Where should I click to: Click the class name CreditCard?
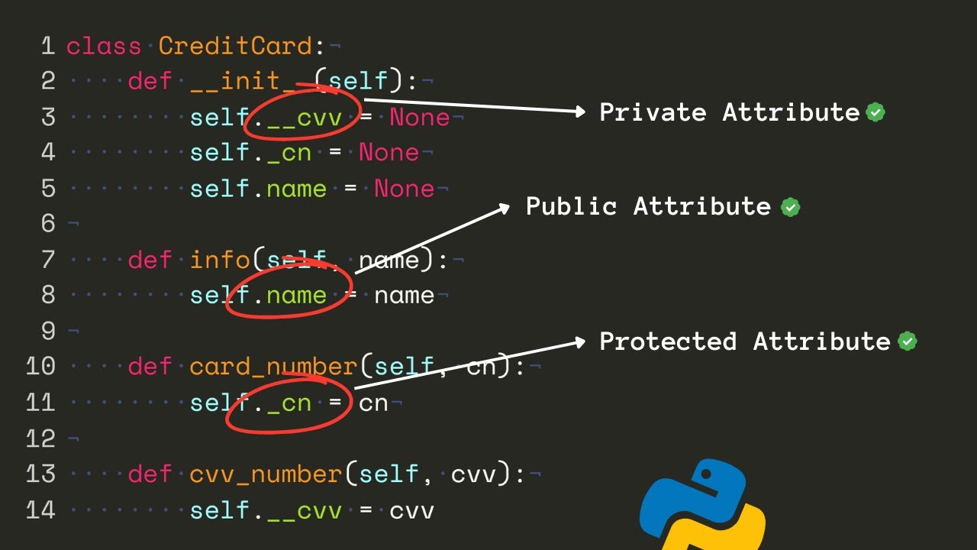click(235, 46)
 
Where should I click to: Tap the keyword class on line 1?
click(104, 46)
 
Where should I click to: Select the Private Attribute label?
click(730, 112)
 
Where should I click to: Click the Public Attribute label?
click(649, 206)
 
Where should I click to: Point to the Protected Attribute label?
click(745, 341)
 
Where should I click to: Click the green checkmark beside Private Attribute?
click(875, 113)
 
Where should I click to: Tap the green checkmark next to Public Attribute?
click(790, 207)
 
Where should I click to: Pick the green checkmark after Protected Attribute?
click(907, 341)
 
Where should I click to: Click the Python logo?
click(702, 504)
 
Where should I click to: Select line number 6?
click(48, 223)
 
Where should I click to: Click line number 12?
click(40, 438)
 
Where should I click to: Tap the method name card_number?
click(273, 367)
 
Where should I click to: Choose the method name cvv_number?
click(266, 474)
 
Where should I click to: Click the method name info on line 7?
click(220, 260)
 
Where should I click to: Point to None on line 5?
click(404, 189)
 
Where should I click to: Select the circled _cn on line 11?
click(289, 403)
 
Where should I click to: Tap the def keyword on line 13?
click(150, 474)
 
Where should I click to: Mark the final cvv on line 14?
click(411, 510)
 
